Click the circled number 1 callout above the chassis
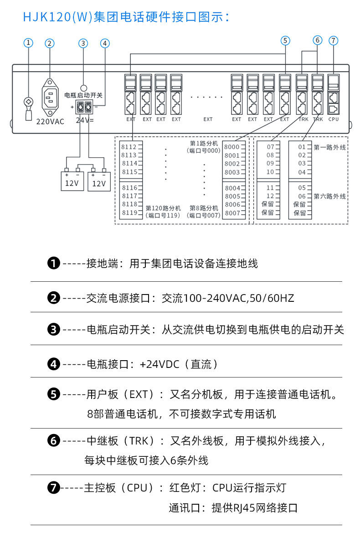coord(28,43)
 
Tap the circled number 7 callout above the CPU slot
coord(334,41)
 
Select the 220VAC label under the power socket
coord(50,122)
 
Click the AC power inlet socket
coord(50,98)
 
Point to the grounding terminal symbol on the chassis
coord(29,101)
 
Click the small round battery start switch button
coord(84,88)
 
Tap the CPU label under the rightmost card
coord(334,119)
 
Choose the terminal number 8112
coord(129,147)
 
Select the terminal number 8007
coord(232,213)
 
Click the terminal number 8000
coord(232,147)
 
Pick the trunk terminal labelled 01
coord(302,147)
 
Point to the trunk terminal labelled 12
coord(270,196)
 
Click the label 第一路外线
coord(329,147)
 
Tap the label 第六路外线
coord(329,196)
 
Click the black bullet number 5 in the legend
coord(54,394)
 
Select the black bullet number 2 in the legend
coord(54,298)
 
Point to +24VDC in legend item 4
coord(159,364)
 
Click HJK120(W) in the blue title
coord(58,17)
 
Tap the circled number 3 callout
coord(83,43)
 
